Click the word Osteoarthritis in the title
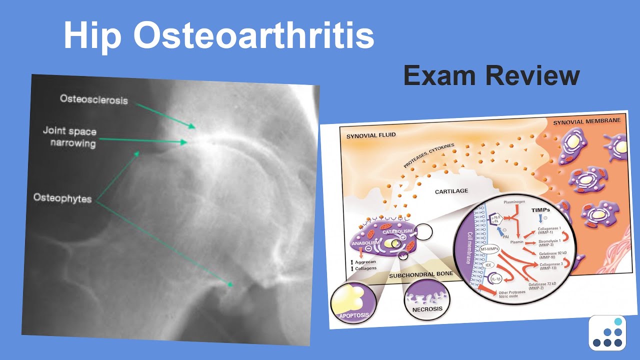pyautogui.click(x=253, y=36)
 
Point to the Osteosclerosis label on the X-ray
pyautogui.click(x=94, y=99)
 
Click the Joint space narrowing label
pyautogui.click(x=70, y=137)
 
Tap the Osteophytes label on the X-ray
pyautogui.click(x=62, y=198)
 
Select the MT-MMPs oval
pyautogui.click(x=490, y=248)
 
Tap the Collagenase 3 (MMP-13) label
pyautogui.click(x=549, y=266)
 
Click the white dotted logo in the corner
pyautogui.click(x=607, y=332)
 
